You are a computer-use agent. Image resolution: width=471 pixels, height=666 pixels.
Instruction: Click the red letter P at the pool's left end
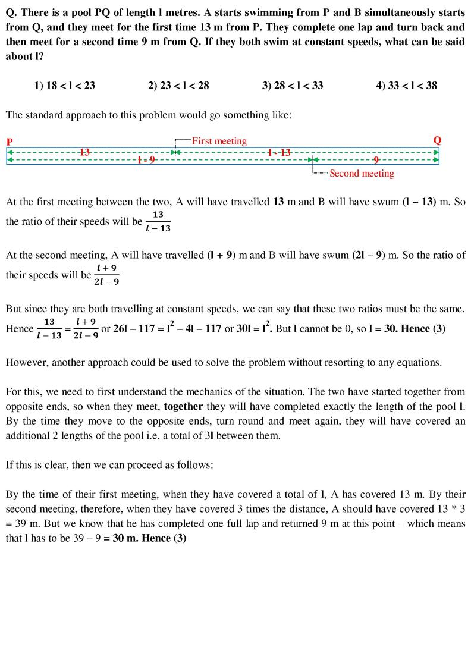pyautogui.click(x=10, y=142)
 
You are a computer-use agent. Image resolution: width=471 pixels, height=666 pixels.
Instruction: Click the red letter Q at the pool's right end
pyautogui.click(x=437, y=141)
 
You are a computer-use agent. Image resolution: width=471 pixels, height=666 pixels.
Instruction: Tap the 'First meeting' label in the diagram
pyautogui.click(x=219, y=141)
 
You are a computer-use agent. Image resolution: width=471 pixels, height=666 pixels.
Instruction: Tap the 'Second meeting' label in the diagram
pyautogui.click(x=362, y=174)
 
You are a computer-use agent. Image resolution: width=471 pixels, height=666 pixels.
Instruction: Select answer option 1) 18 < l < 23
pyautogui.click(x=65, y=86)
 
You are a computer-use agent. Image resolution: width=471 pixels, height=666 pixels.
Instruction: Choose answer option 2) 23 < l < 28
pyautogui.click(x=178, y=86)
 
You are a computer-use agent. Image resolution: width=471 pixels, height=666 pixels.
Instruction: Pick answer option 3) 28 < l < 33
pyautogui.click(x=293, y=86)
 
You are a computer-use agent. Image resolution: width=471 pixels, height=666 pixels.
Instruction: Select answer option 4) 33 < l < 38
pyautogui.click(x=406, y=86)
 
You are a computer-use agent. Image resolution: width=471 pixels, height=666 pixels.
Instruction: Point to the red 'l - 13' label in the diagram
pyautogui.click(x=279, y=152)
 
